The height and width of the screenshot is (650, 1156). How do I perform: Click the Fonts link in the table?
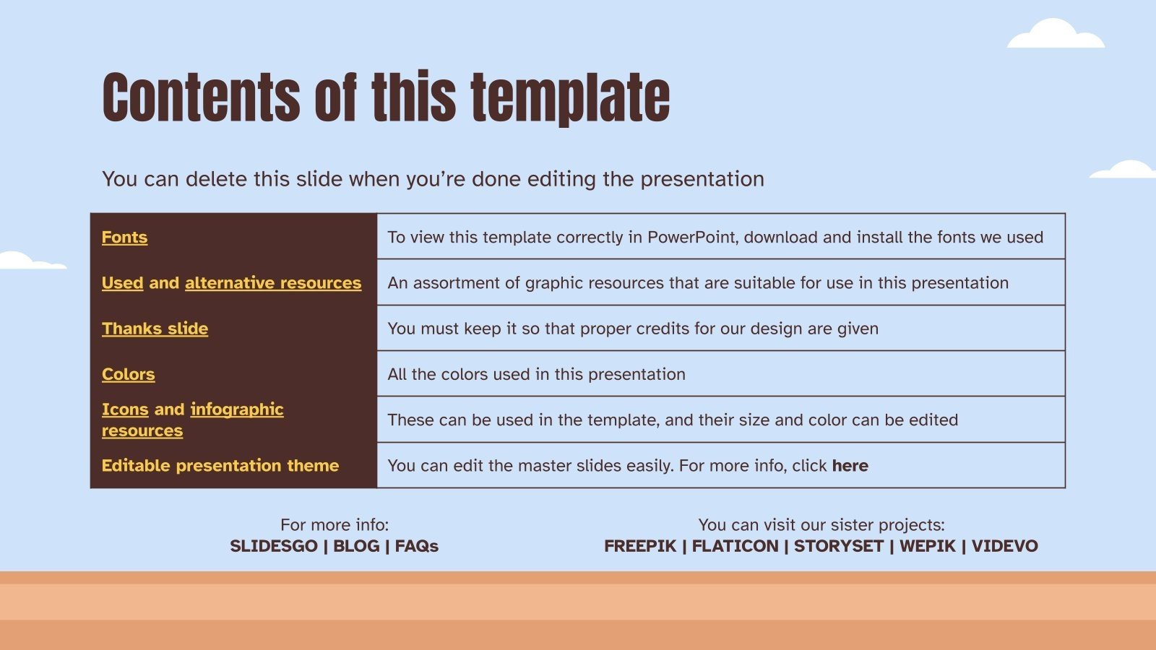point(124,237)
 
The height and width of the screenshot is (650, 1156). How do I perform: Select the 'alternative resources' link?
point(273,282)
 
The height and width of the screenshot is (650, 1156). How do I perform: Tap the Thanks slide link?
point(155,329)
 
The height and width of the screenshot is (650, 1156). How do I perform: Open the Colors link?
point(128,374)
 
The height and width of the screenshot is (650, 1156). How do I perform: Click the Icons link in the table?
point(124,409)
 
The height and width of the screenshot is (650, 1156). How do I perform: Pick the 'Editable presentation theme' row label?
point(220,465)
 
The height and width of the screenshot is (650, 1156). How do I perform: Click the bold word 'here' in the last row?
point(850,466)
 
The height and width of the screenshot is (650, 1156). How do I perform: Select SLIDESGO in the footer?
point(273,546)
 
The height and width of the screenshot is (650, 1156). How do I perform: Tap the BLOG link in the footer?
point(355,546)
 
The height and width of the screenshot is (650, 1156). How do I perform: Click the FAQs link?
point(416,546)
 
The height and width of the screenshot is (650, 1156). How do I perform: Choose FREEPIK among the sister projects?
point(640,546)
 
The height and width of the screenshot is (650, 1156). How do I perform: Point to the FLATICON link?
point(735,546)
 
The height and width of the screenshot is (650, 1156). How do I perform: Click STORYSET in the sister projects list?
point(838,546)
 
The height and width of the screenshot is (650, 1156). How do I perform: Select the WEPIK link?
point(927,546)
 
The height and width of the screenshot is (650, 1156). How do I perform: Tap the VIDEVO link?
point(1004,546)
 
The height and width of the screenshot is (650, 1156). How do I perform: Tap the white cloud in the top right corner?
point(1056,35)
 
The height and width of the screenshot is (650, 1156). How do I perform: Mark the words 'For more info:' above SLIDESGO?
point(334,525)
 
